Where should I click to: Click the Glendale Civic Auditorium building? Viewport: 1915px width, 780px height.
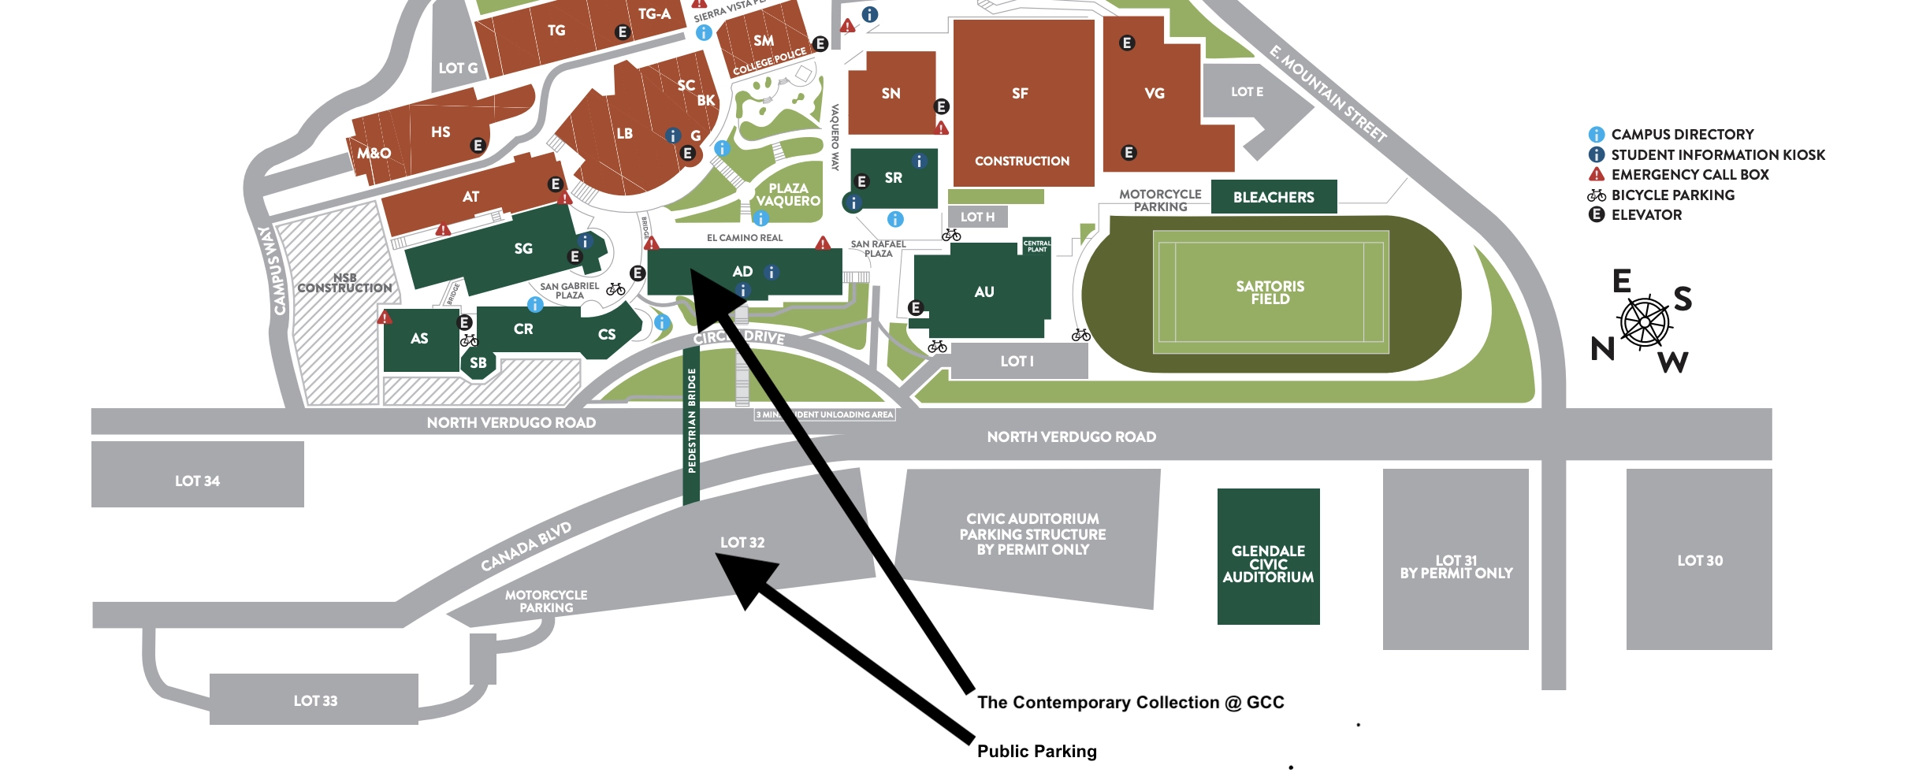click(1268, 563)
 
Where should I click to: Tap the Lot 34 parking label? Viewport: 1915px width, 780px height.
click(197, 481)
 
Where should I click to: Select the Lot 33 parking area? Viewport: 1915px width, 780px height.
click(314, 700)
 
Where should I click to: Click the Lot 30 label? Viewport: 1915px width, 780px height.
click(1699, 560)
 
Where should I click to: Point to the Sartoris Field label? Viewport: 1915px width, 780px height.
click(1270, 292)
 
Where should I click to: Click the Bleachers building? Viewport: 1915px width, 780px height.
click(1274, 197)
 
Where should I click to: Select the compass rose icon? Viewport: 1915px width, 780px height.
click(1644, 322)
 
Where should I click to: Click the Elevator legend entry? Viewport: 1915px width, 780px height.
click(1645, 214)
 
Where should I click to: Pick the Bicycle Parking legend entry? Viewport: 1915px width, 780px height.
click(1671, 195)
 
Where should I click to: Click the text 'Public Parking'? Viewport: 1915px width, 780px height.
click(1036, 751)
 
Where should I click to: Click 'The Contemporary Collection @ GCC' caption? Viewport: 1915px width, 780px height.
click(1130, 702)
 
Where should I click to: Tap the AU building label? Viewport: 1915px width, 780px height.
click(984, 292)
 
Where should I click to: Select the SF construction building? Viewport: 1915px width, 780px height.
click(1022, 102)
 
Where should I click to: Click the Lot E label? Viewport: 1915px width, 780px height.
click(1247, 91)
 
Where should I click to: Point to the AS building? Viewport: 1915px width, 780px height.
click(419, 339)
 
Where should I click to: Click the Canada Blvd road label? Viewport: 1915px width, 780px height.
click(526, 546)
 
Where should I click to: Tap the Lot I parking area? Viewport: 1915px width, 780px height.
click(1017, 361)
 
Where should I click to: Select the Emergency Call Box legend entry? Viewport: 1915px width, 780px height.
click(1689, 174)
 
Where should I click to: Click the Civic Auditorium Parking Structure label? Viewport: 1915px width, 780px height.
click(1032, 534)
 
